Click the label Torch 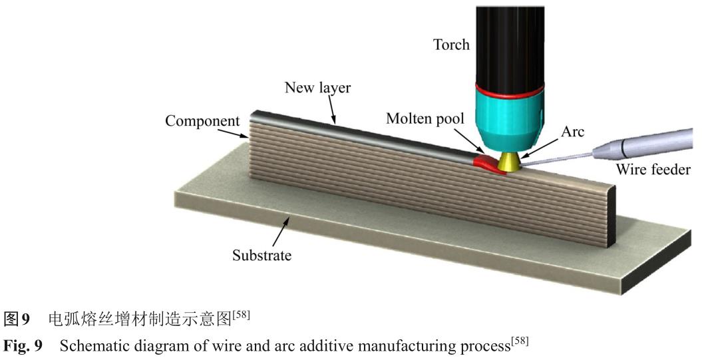(451, 45)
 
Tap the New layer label (317, 88)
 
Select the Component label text (202, 122)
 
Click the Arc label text (572, 132)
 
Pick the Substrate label (262, 254)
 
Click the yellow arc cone (511, 160)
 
